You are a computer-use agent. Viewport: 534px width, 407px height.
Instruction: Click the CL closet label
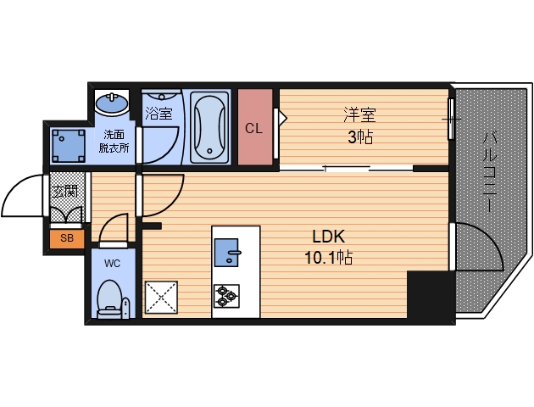coord(253,128)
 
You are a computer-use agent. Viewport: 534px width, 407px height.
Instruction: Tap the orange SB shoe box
coord(67,239)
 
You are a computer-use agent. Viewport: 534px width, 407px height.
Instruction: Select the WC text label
coord(112,263)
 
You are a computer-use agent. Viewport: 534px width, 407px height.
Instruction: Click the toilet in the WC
coord(109,299)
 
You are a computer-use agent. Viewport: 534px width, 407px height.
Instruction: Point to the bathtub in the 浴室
coord(209,126)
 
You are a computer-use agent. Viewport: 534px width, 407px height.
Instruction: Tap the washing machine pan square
coord(68,146)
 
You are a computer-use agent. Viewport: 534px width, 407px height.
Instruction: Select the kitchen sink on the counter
coord(226,253)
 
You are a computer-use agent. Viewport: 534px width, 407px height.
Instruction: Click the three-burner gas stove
coord(226,296)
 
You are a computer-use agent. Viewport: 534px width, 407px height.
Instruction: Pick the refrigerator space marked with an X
coord(161,297)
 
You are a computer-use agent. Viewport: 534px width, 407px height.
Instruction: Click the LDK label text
coord(328,237)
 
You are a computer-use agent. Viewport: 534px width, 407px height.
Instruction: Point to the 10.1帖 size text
coord(328,257)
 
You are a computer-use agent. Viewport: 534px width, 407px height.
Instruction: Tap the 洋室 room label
coord(359,114)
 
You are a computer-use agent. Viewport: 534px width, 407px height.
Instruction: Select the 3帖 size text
coord(360,137)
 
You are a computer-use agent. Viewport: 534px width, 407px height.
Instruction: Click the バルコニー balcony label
coord(489,172)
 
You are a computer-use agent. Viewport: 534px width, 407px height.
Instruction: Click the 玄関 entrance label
coord(64,192)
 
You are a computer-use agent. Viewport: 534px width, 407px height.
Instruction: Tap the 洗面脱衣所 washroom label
coord(114,142)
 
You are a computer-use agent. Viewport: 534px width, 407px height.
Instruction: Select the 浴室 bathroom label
coord(159,113)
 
